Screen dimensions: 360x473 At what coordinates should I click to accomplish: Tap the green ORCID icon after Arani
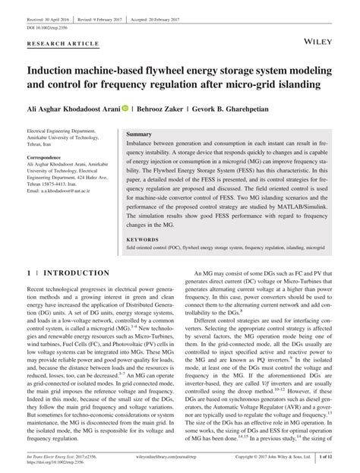[125, 109]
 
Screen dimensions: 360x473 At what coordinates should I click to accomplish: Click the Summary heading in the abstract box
[139, 133]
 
